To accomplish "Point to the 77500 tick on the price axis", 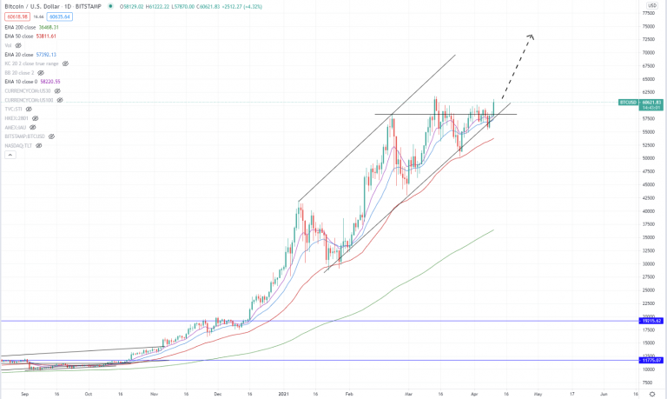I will pos(648,13).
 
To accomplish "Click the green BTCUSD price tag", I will pos(629,103).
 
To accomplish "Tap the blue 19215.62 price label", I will pos(651,321).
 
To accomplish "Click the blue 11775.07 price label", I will pos(651,360).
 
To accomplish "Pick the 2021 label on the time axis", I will pos(285,393).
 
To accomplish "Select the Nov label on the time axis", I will pos(155,393).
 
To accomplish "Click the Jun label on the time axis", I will pos(604,393).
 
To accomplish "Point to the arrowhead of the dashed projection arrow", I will pos(531,36).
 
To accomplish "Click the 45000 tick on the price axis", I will pos(648,184).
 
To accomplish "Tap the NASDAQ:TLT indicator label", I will pos(23,145).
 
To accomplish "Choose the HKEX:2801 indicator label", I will pos(17,118).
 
